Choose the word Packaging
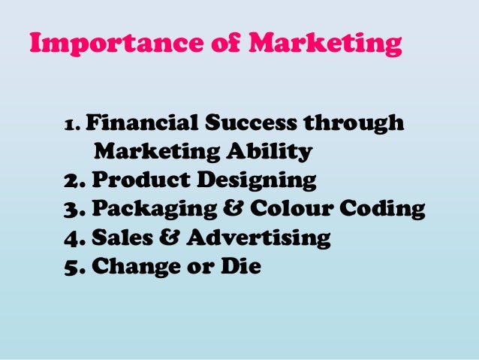(x=155, y=210)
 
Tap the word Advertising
(x=257, y=239)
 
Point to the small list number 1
(x=71, y=125)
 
